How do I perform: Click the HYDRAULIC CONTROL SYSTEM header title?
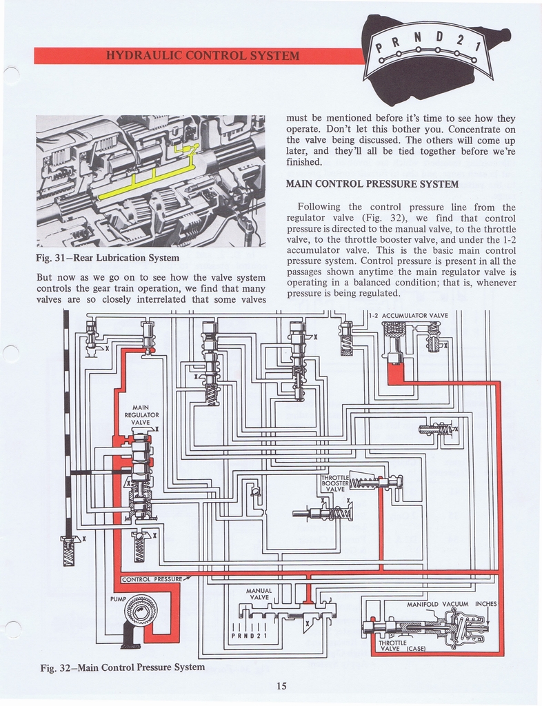201,56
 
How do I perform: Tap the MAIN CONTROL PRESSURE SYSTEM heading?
372,184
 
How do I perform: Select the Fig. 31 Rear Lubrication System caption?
107,258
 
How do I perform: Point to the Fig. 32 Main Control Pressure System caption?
122,667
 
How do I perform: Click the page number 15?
281,685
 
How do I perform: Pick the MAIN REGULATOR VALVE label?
141,415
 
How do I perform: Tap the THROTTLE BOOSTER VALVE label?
334,483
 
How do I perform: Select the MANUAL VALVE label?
259,594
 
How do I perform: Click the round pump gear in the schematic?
141,611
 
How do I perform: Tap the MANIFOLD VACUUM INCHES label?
451,604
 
